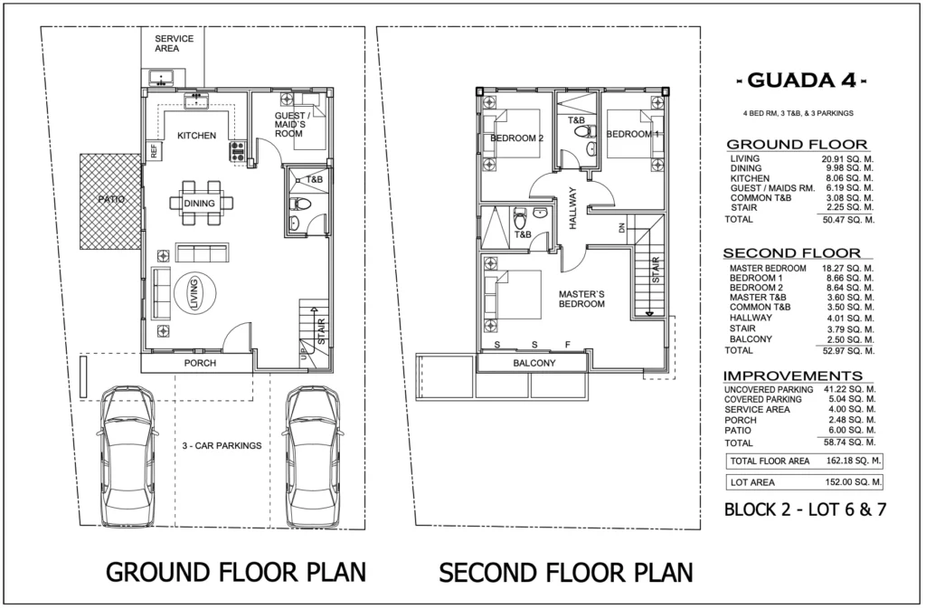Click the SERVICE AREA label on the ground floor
pos(175,43)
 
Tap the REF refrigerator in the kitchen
pos(154,150)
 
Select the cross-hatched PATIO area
pos(111,202)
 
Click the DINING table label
pos(199,204)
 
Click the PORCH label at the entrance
pos(200,363)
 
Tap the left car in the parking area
pos(128,456)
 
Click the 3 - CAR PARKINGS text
pos(222,445)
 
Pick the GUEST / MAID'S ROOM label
pos(290,125)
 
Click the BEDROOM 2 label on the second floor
pos(516,138)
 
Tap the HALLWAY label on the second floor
pos(572,208)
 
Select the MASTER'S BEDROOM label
pos(581,299)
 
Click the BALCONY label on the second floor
pos(534,363)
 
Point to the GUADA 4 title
pos(801,80)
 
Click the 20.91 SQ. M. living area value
pos(847,159)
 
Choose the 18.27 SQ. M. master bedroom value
pos(847,268)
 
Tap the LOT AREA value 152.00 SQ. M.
pos(854,482)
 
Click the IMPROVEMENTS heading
pos(792,376)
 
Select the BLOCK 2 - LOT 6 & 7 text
pos(805,509)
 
